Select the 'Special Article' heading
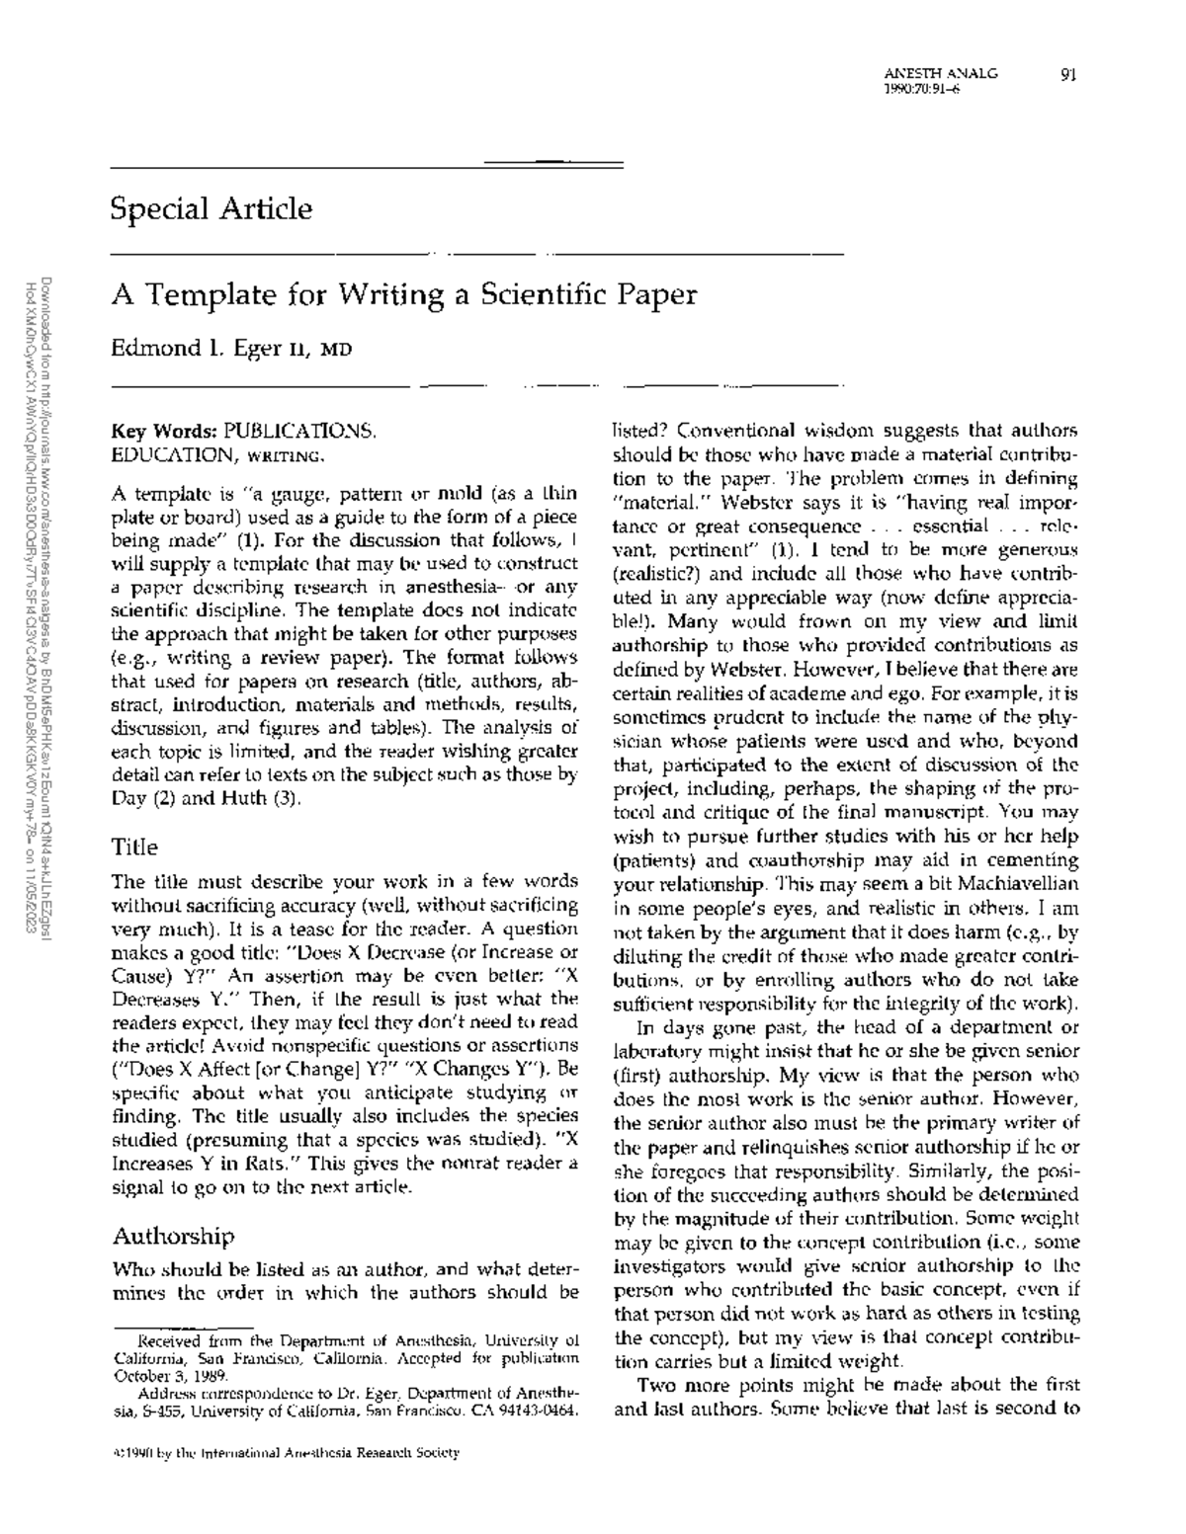pos(212,208)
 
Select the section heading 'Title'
pos(134,847)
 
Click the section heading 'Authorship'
pos(173,1236)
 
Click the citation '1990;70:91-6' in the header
pos(922,89)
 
